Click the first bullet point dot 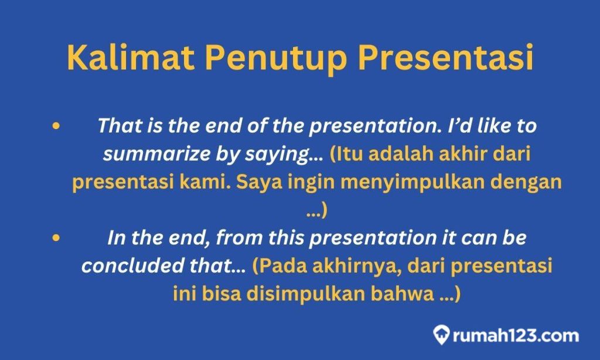pyautogui.click(x=56, y=126)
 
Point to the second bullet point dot pyautogui.click(x=56, y=238)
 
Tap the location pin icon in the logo pyautogui.click(x=441, y=335)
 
